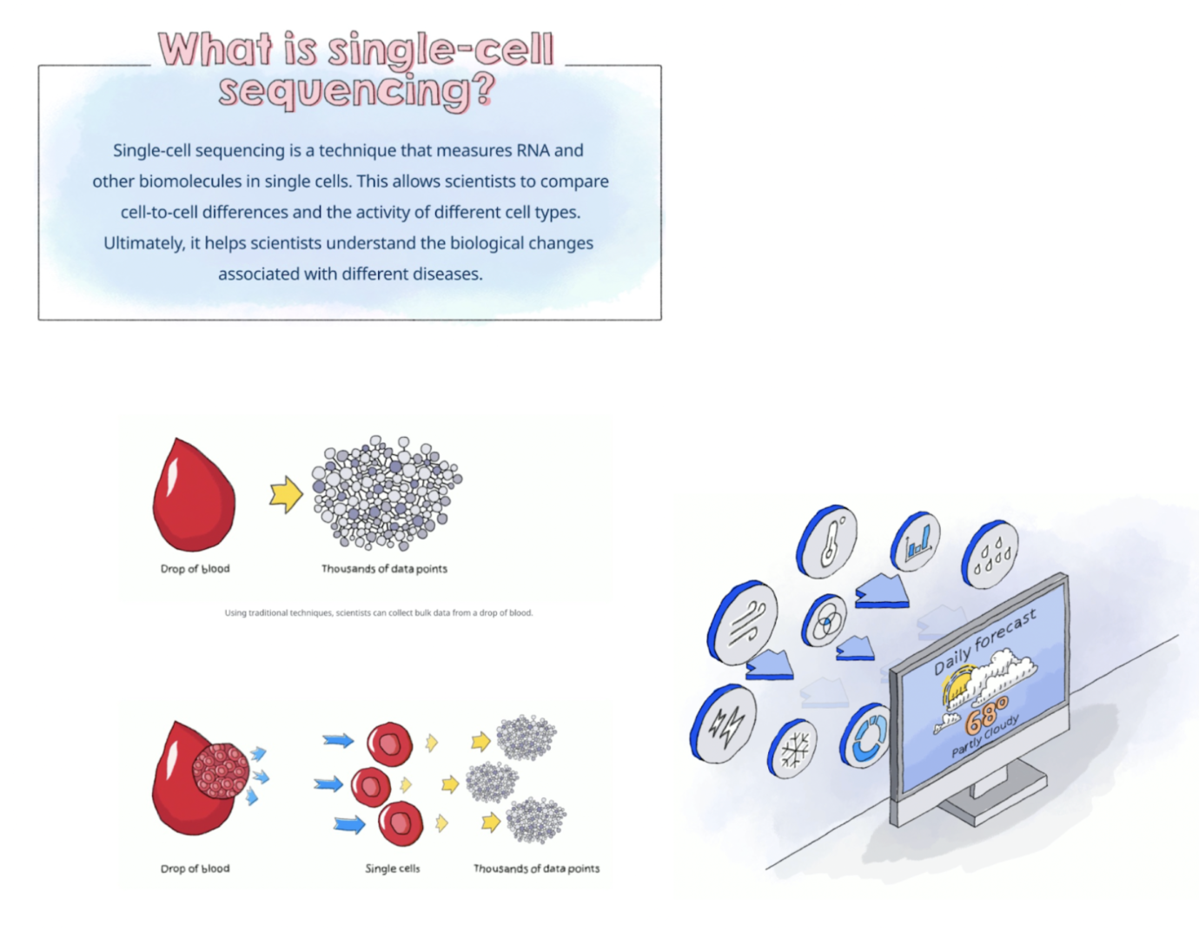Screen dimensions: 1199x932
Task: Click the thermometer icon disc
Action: point(826,540)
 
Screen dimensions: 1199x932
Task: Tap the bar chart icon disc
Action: point(916,541)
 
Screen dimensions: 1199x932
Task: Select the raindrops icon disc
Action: point(990,554)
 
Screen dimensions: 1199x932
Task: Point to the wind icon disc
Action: point(743,622)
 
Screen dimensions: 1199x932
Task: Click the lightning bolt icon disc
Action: point(724,724)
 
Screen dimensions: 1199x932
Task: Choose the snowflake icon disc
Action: point(792,749)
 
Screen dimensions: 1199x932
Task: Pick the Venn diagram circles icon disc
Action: point(824,620)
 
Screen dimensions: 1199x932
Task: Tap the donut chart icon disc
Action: point(865,735)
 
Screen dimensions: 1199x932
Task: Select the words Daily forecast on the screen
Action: point(984,643)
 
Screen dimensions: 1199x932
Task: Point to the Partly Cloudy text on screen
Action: point(985,737)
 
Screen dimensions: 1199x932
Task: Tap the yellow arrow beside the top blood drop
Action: point(287,494)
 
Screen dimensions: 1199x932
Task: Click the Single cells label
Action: point(393,869)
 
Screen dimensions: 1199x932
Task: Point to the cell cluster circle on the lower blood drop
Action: point(221,771)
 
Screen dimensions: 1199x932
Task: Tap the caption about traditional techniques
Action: point(379,612)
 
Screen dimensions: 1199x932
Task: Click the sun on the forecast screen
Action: point(957,685)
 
